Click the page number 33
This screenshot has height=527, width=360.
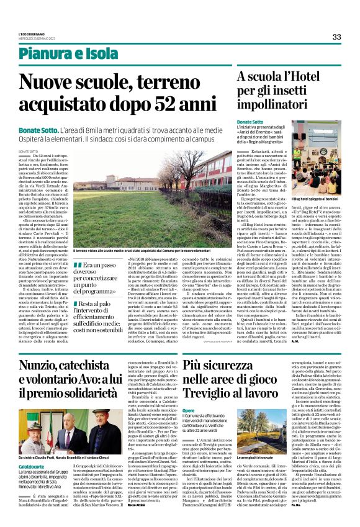pos(336,37)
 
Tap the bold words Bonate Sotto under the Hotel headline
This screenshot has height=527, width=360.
pos(250,122)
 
